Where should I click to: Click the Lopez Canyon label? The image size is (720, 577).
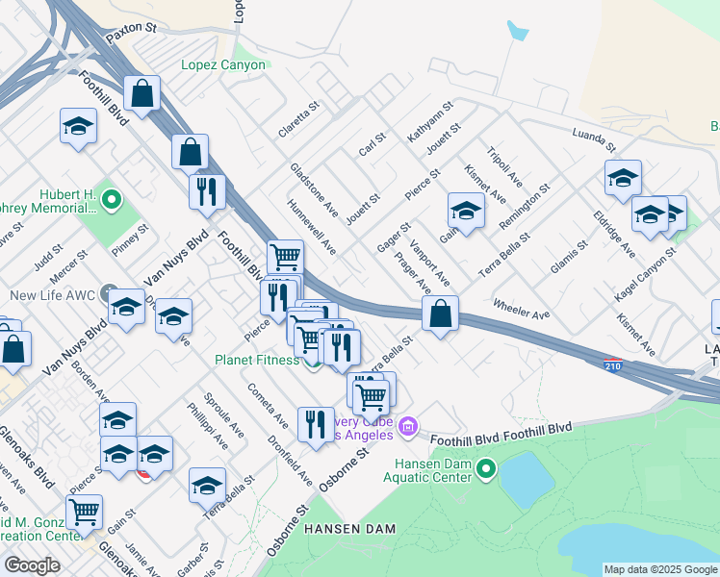[x=223, y=65]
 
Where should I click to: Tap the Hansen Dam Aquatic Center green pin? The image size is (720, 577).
[x=486, y=469]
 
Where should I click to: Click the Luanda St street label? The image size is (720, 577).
[x=593, y=139]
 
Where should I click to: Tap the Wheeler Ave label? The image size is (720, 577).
[x=520, y=308]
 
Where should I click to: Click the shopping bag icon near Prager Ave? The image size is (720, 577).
[x=440, y=314]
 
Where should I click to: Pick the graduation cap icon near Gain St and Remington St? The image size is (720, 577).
[x=466, y=211]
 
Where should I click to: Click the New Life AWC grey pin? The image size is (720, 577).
[x=107, y=294]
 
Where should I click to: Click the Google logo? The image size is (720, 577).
[x=32, y=565]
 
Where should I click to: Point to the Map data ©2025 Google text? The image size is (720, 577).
[x=660, y=569]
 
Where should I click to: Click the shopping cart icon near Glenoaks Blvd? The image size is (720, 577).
[x=85, y=513]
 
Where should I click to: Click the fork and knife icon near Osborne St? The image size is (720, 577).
[x=315, y=424]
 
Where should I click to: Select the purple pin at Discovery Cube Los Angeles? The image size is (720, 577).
[x=408, y=424]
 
